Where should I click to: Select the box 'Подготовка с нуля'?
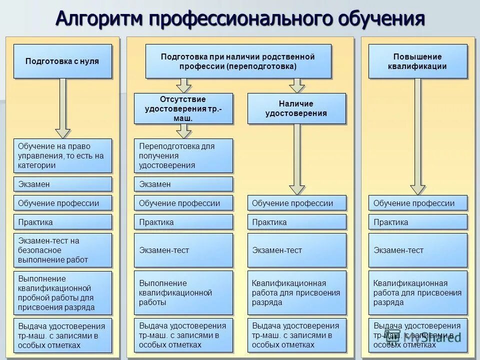tap(62, 61)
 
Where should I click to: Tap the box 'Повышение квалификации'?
tap(417, 61)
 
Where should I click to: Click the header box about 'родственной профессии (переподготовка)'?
tap(238, 61)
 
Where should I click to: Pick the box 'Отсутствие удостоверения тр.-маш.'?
tap(183, 108)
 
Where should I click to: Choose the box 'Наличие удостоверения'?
tap(296, 108)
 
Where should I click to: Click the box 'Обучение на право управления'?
tap(62, 155)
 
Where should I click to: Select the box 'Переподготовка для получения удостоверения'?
tap(183, 155)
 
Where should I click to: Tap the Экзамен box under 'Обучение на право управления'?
tap(62, 184)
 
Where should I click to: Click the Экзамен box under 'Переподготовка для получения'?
tap(183, 184)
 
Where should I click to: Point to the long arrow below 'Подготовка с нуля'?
tap(63, 107)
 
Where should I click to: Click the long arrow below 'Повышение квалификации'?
tap(418, 135)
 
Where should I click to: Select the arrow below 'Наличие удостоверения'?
tap(297, 157)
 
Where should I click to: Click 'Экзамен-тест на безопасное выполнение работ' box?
tap(62, 250)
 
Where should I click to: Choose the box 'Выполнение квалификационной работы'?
tap(183, 292)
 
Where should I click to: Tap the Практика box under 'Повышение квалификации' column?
tap(417, 222)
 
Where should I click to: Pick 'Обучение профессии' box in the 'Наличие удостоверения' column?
tap(296, 203)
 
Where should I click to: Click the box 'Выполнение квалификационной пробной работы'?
tap(62, 292)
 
